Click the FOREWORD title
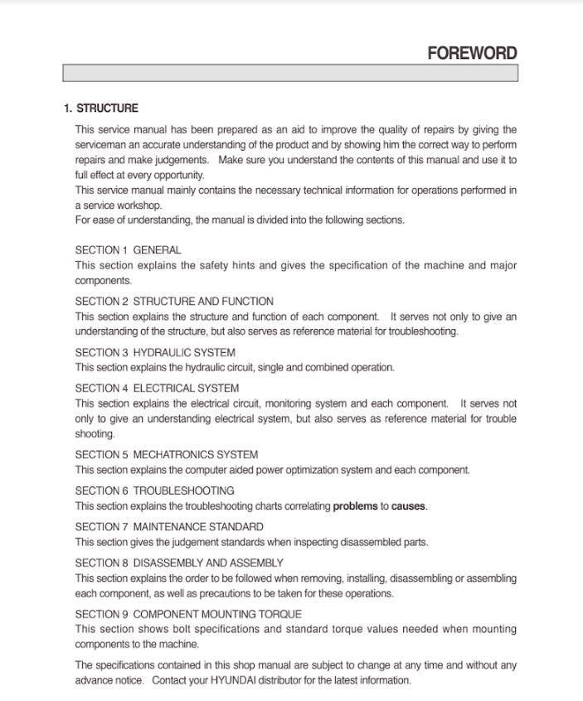click(x=472, y=53)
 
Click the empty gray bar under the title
click(x=290, y=73)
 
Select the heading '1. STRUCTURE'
click(x=101, y=109)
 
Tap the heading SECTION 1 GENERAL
click(x=128, y=249)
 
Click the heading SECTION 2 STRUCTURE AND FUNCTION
click(x=174, y=301)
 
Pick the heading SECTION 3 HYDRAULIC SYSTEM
click(x=155, y=352)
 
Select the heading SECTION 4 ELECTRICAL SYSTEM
click(x=157, y=388)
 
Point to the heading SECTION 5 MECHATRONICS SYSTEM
click(x=167, y=454)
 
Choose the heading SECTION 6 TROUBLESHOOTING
click(x=154, y=491)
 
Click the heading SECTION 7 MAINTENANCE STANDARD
click(x=169, y=526)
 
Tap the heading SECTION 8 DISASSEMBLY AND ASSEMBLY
click(x=179, y=563)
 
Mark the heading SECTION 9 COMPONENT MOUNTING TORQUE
click(x=188, y=614)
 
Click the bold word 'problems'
click(x=355, y=506)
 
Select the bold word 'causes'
click(x=409, y=506)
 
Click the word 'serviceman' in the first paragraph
click(x=99, y=144)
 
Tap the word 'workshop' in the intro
click(x=141, y=205)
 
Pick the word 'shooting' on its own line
click(x=95, y=434)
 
